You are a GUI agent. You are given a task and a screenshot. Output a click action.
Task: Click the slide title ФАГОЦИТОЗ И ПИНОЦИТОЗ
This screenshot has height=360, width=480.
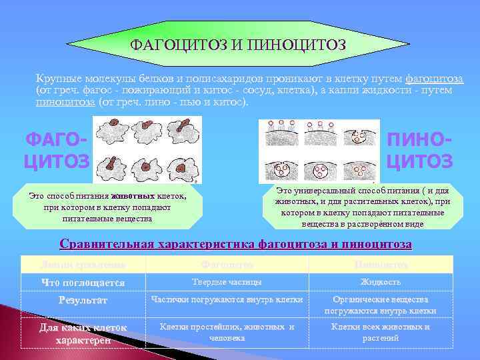[238, 45]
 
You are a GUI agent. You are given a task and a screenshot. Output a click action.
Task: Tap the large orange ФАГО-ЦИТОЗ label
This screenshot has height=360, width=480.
[56, 151]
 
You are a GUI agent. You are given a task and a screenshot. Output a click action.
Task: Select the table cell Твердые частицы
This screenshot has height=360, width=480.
[227, 282]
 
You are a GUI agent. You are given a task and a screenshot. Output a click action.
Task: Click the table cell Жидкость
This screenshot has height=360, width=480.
[380, 282]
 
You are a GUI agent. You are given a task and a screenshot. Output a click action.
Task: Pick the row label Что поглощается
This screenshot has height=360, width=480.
[83, 283]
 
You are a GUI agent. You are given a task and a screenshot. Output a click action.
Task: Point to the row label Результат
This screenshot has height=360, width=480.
[83, 301]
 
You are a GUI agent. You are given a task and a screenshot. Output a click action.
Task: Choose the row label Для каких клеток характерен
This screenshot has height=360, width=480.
[83, 333]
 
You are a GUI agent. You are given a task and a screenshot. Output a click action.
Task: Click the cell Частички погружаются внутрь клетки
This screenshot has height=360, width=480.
[227, 300]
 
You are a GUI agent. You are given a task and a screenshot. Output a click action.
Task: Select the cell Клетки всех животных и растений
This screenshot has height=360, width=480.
[380, 332]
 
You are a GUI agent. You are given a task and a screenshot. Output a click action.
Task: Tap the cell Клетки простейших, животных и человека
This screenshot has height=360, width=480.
[227, 332]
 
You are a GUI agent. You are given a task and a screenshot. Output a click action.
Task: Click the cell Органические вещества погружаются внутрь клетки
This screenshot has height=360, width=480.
[380, 305]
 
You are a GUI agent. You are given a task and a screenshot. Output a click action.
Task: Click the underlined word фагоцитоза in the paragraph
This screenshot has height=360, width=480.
[434, 79]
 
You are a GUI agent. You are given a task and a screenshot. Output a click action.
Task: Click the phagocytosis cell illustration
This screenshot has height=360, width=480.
[147, 149]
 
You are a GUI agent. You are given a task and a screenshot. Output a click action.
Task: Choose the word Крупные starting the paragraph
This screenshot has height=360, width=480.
[58, 79]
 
